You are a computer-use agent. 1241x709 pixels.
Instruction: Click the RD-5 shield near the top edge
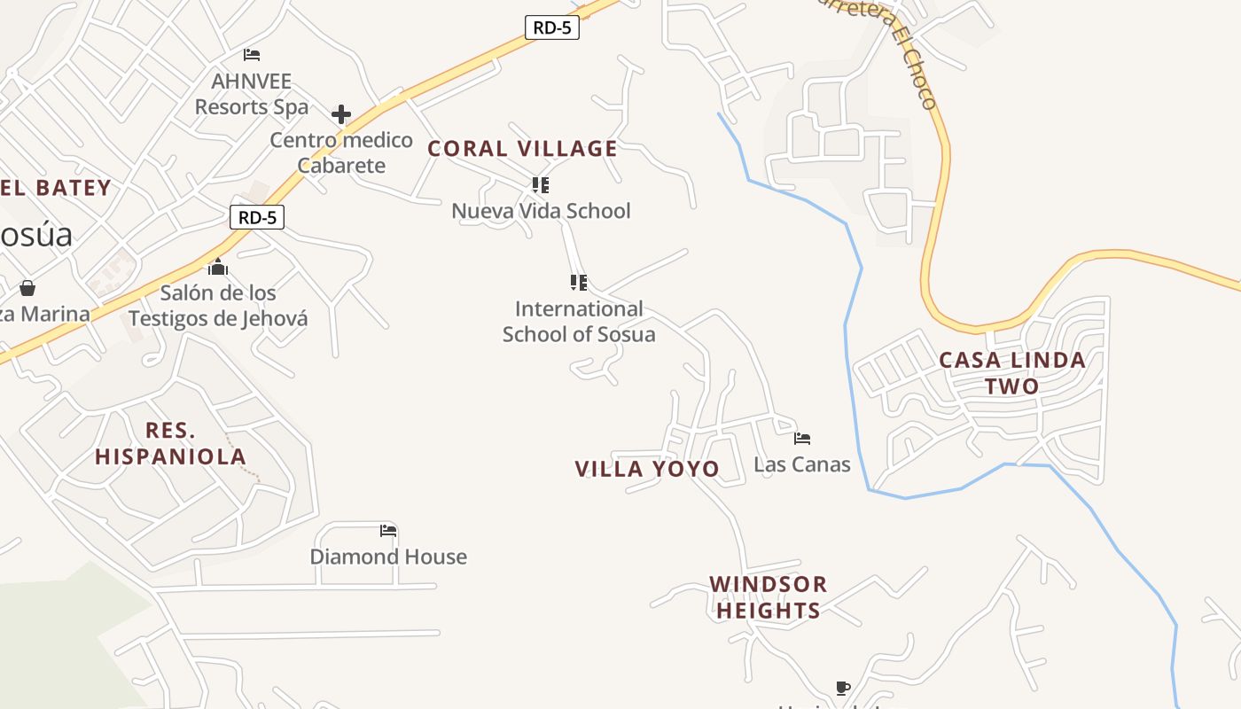tap(552, 27)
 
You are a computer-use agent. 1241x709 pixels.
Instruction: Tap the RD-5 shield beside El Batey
tap(256, 216)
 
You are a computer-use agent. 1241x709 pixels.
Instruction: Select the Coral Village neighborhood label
tap(522, 149)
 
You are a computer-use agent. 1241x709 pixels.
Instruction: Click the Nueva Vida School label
tap(541, 211)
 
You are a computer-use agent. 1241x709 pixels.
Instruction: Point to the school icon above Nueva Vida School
tap(540, 185)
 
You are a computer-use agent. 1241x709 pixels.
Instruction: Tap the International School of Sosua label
tap(579, 322)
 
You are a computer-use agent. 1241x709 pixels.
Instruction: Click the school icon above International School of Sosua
tap(578, 283)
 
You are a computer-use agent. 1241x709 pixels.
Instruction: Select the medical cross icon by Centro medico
tap(341, 114)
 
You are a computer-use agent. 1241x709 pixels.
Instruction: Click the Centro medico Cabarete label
tap(341, 152)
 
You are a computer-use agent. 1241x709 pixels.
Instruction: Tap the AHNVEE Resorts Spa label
tap(252, 94)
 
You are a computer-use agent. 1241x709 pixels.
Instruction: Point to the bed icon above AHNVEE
tap(252, 55)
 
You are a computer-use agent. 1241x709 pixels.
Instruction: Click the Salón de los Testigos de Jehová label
tap(218, 306)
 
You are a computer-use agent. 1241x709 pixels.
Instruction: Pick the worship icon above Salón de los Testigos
tap(218, 267)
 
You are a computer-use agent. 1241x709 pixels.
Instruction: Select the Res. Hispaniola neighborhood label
tap(170, 444)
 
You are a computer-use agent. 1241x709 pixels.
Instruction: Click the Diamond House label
tap(388, 557)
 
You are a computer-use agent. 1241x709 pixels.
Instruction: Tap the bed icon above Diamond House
tap(388, 531)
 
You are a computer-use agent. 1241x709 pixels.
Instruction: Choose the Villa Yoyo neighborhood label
tap(647, 469)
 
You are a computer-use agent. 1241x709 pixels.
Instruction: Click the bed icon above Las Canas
tap(802, 438)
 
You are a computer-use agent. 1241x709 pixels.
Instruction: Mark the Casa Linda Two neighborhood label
tap(1011, 373)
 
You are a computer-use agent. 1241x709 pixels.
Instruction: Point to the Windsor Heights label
tap(769, 597)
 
